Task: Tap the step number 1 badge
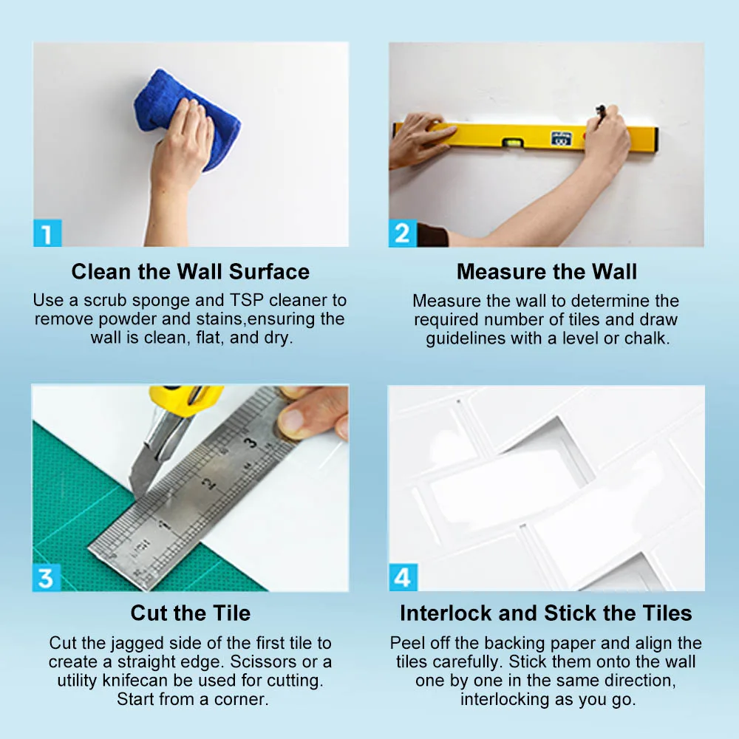[47, 233]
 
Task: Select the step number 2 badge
[403, 233]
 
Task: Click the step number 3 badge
[46, 577]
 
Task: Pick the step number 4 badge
[403, 577]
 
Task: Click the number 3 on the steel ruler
[251, 442]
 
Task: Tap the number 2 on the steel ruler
[208, 483]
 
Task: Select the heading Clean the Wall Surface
[191, 272]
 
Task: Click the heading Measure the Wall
[547, 272]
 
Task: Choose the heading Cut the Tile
[191, 613]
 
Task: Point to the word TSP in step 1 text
[247, 300]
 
